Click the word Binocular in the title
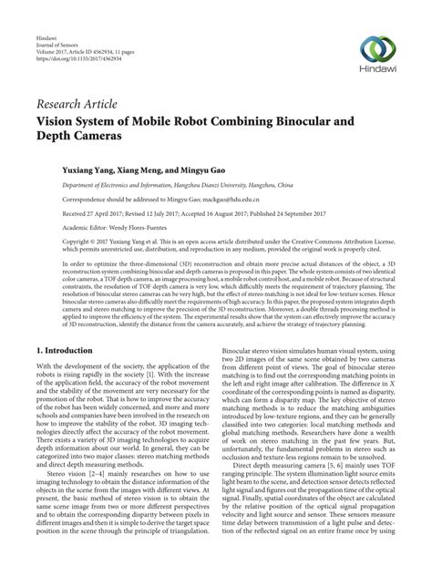(x=339, y=118)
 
